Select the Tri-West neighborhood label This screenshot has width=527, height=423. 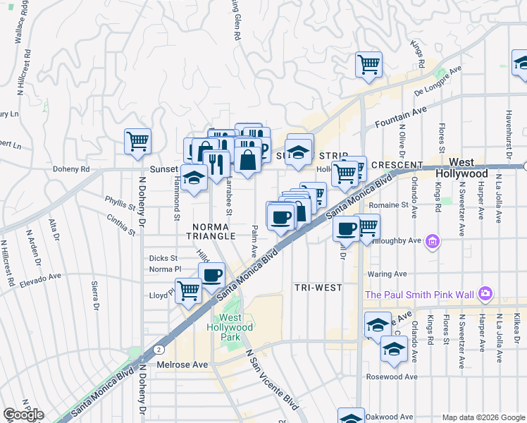318,287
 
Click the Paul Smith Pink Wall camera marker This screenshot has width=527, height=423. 485,293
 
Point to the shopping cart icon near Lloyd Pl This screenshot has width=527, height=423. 188,290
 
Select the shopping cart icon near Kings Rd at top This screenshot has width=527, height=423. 368,64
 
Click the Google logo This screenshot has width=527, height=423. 23,415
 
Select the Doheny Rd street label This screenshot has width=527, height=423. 71,169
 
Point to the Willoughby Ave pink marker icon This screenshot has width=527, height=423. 433,243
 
